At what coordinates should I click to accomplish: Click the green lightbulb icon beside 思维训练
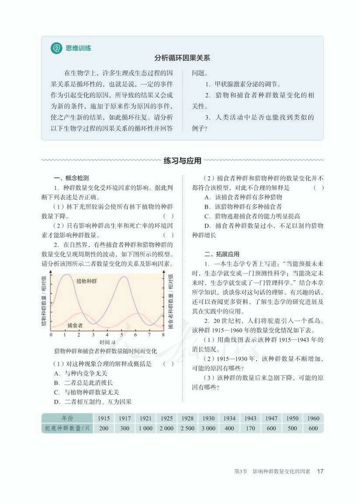[x=55, y=48]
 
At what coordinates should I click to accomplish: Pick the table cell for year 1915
[x=103, y=418]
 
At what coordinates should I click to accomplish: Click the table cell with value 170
[x=251, y=428]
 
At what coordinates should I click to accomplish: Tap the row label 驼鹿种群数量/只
[x=64, y=428]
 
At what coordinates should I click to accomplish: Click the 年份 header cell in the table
[x=64, y=418]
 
